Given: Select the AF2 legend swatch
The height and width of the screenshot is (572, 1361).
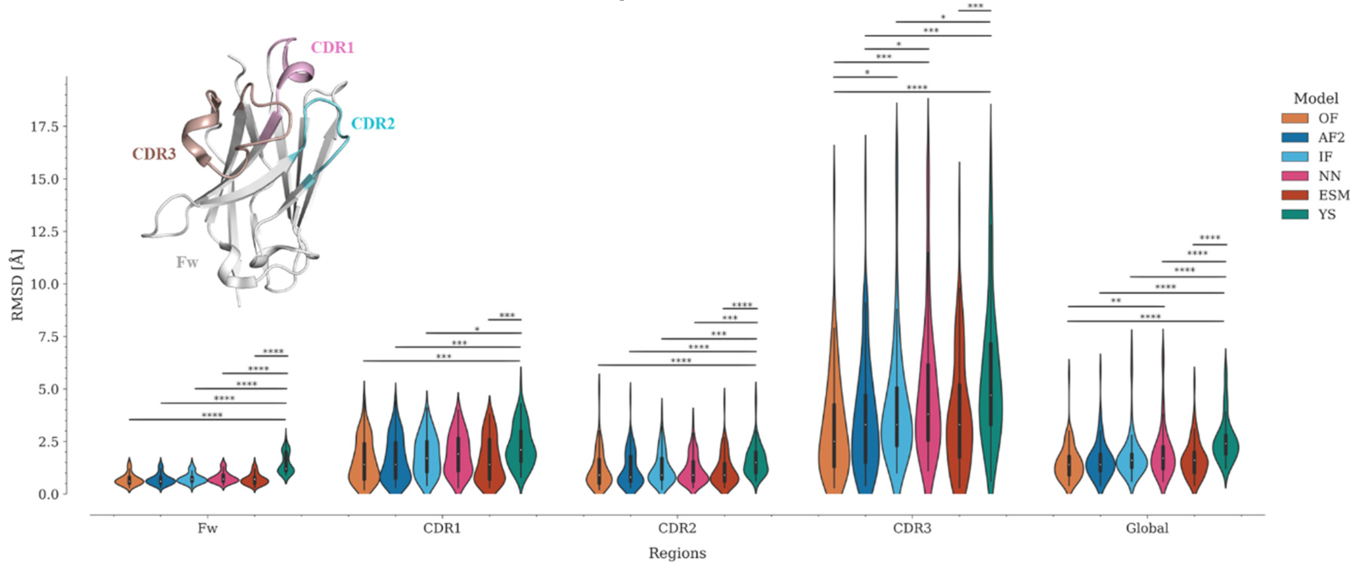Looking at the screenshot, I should pyautogui.click(x=1295, y=137).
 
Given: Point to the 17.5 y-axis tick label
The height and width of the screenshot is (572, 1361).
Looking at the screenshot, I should pyautogui.click(x=44, y=126).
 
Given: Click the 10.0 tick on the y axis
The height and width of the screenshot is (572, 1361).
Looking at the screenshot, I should pyautogui.click(x=44, y=284).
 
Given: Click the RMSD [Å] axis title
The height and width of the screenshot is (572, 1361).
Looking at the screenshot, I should pyautogui.click(x=17, y=285).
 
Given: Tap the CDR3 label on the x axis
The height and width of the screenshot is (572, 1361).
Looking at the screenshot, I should pyautogui.click(x=912, y=528).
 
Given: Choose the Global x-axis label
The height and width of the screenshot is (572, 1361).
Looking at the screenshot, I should pyautogui.click(x=1146, y=528).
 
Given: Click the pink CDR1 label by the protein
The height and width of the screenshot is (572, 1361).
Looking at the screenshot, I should pyautogui.click(x=332, y=47).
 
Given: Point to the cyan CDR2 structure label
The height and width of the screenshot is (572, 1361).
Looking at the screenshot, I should pyautogui.click(x=373, y=124).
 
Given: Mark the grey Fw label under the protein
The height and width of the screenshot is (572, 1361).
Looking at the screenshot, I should pyautogui.click(x=187, y=262).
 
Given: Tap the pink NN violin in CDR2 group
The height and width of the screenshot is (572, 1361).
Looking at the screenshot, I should pyautogui.click(x=693, y=471).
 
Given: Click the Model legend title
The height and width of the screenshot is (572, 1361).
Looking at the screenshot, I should pyautogui.click(x=1315, y=98).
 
